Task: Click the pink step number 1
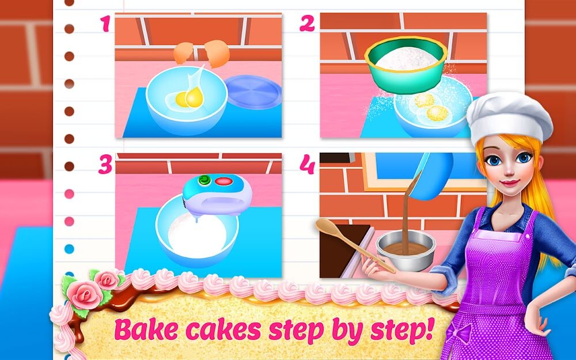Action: (x=105, y=24)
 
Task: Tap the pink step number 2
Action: (x=307, y=23)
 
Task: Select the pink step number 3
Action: (x=105, y=164)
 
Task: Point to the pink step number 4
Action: (x=307, y=164)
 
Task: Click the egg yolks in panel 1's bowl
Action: (x=189, y=98)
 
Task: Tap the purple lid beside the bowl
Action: (x=253, y=92)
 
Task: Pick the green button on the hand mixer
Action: (x=203, y=180)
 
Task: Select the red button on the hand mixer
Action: (x=222, y=181)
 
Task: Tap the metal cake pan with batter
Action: (x=405, y=251)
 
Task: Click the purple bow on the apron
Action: (x=460, y=332)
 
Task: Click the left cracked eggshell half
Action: (x=183, y=52)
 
